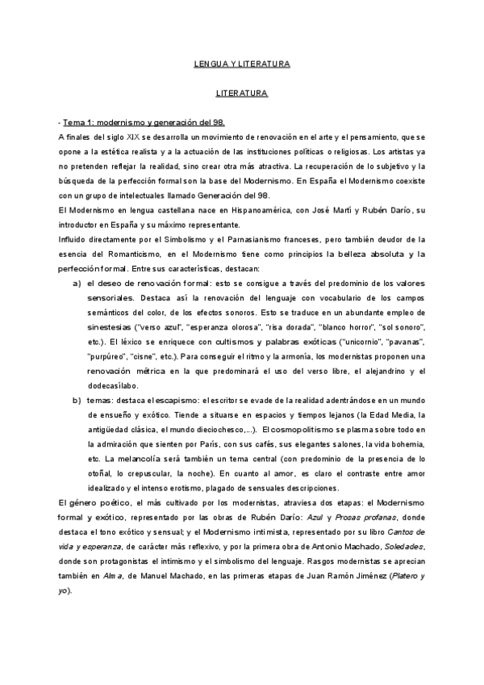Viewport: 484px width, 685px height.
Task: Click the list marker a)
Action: (77, 284)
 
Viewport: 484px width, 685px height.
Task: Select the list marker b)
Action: (77, 401)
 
